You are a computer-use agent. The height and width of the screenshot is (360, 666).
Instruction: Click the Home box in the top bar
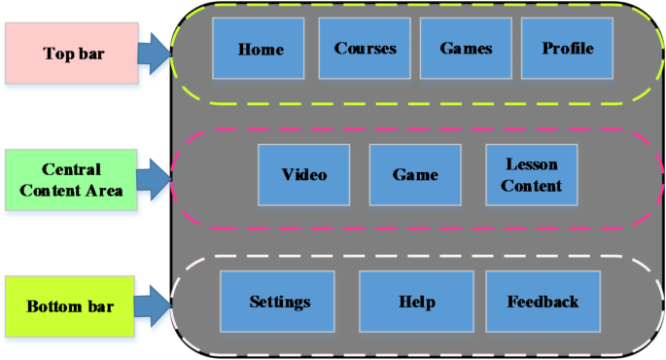click(260, 48)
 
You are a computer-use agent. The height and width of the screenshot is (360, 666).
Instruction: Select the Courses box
click(365, 48)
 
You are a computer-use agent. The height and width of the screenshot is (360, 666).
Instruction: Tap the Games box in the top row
click(466, 48)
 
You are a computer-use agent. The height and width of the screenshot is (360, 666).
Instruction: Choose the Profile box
click(567, 48)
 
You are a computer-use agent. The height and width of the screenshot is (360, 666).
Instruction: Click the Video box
click(304, 175)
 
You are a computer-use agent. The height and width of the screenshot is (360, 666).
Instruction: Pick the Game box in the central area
click(415, 175)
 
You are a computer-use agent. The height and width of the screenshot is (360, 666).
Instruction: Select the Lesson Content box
click(531, 175)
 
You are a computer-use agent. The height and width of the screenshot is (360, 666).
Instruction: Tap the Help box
click(416, 302)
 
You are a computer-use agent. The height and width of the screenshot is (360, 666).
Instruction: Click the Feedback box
click(543, 302)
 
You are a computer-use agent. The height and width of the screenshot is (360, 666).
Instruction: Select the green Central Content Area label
click(67, 179)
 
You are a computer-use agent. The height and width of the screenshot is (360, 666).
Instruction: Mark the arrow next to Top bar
click(153, 53)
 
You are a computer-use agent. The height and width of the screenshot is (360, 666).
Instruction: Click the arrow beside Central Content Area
click(153, 179)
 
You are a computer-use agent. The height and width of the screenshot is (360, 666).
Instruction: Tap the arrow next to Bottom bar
click(153, 306)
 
